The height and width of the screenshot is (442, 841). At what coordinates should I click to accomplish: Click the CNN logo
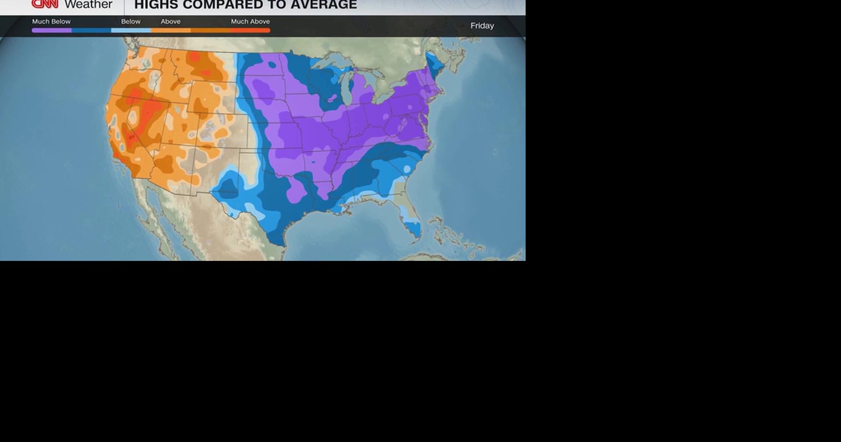click(45, 4)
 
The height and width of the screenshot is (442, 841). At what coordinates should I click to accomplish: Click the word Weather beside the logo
click(88, 4)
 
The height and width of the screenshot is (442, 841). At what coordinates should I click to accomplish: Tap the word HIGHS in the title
click(156, 5)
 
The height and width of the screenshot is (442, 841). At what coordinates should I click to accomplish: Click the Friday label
click(482, 26)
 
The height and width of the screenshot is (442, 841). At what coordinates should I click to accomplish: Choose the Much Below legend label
click(51, 21)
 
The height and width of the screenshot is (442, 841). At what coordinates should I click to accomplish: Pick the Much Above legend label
click(250, 21)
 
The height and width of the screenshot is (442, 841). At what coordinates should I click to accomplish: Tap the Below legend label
click(131, 21)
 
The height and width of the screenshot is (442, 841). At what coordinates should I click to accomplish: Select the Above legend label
click(170, 21)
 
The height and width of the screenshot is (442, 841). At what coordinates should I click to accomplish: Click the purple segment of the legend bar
click(52, 30)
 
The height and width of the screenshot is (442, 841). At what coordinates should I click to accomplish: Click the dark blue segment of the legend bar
click(91, 30)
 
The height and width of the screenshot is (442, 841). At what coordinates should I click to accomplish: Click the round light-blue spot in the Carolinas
click(407, 169)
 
